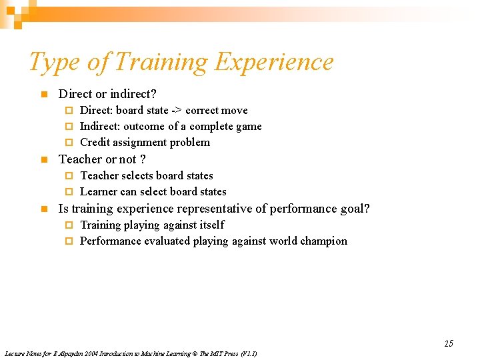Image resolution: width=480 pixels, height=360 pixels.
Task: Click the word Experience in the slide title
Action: click(x=275, y=63)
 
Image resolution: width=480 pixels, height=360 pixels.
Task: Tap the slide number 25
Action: click(x=449, y=343)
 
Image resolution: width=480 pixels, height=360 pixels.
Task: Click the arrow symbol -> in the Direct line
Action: click(x=175, y=111)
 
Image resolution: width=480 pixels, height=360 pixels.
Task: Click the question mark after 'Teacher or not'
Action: click(x=143, y=159)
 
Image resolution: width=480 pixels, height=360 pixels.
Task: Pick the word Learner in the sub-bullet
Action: click(x=99, y=192)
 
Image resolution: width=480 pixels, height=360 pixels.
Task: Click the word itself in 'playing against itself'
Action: click(x=211, y=225)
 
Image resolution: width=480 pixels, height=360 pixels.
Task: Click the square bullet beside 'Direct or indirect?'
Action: click(x=43, y=95)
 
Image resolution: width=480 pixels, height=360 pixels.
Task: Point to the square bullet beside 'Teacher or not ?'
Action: click(x=43, y=160)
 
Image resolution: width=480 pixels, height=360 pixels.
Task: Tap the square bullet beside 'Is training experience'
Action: click(x=43, y=209)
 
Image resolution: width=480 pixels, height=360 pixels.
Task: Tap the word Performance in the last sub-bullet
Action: click(x=109, y=241)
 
